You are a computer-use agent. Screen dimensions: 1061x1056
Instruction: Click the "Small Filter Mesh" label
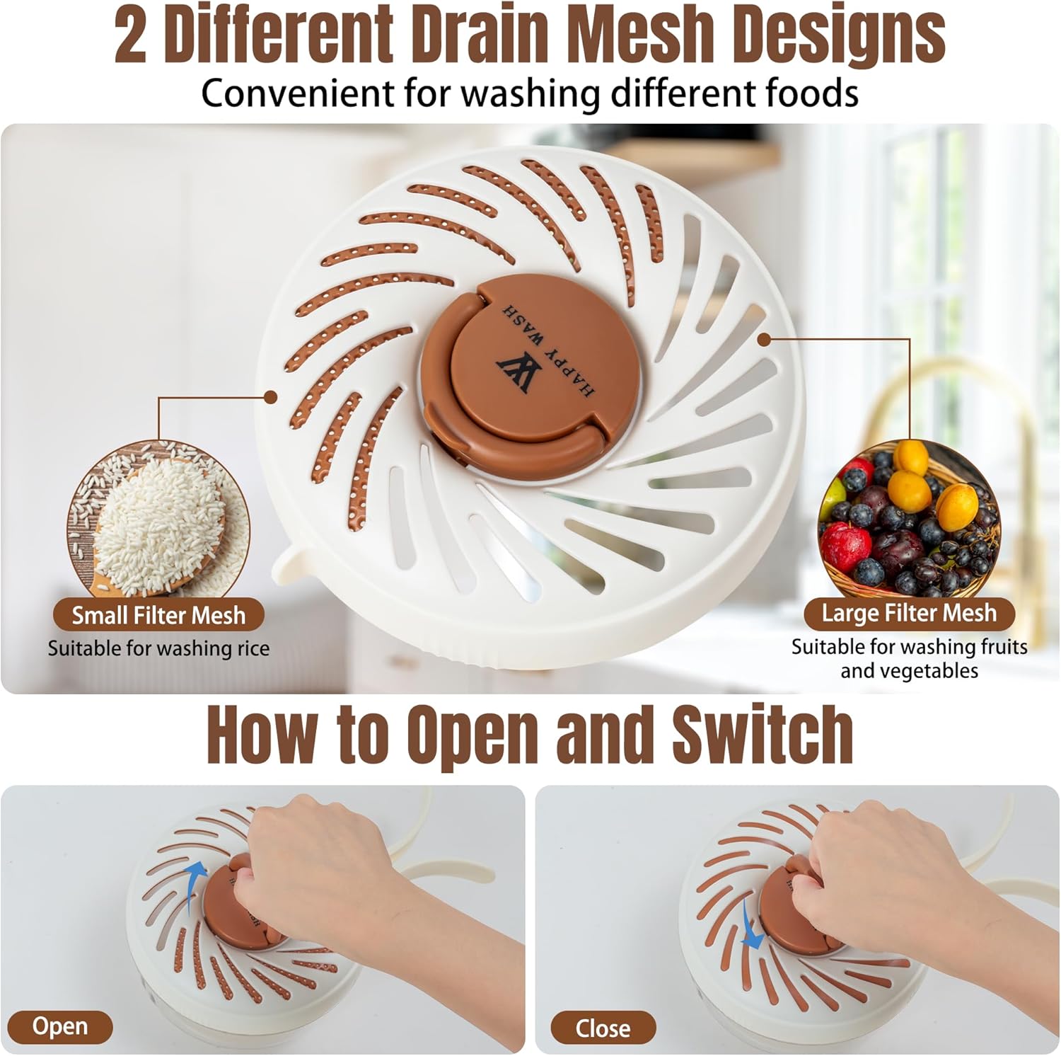coord(158,614)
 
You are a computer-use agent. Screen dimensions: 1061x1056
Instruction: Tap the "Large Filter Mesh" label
coord(909,613)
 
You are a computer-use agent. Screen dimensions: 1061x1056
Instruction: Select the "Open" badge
coord(60,1026)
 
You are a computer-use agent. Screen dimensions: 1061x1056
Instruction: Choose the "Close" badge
coord(603,1028)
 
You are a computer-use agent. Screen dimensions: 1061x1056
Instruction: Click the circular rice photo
coord(158,520)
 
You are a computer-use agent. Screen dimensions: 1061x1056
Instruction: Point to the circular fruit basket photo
coord(909,518)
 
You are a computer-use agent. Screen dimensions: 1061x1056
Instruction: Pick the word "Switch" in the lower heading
coord(762,734)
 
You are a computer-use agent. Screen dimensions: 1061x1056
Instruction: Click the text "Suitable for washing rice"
coord(158,648)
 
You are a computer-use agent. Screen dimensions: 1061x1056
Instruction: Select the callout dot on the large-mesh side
coord(763,340)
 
